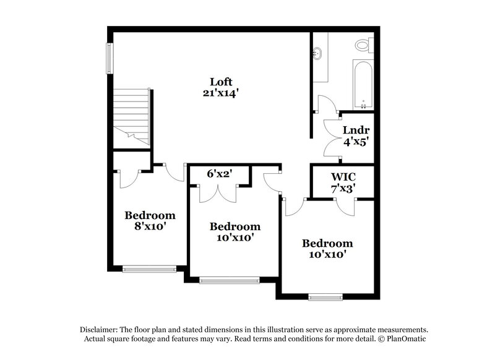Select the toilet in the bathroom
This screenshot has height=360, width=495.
click(x=364, y=44)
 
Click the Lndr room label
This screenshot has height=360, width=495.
click(x=356, y=130)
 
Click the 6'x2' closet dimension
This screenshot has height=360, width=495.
click(x=218, y=174)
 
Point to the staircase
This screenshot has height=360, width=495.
click(x=131, y=116)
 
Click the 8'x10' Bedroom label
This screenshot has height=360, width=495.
click(x=150, y=221)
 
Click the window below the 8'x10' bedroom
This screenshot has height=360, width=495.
click(x=149, y=268)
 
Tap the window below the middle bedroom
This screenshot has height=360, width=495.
click(x=230, y=280)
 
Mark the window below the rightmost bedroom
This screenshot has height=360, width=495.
click(x=325, y=297)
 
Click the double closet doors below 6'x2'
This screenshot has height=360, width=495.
click(x=218, y=194)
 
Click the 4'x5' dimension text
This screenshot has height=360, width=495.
click(x=356, y=141)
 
